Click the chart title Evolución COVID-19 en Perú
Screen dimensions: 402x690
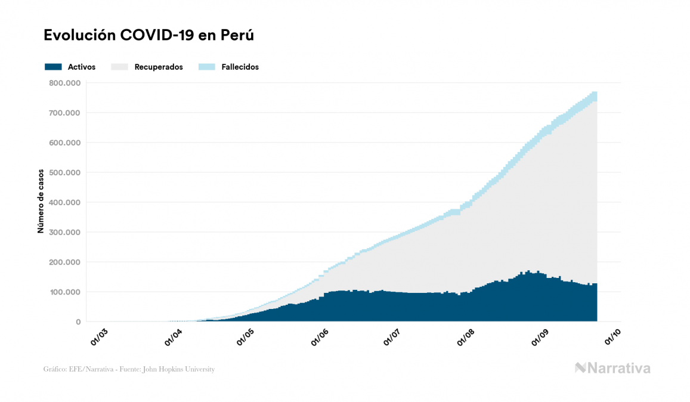pyautogui.click(x=149, y=35)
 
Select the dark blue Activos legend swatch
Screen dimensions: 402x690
pyautogui.click(x=53, y=67)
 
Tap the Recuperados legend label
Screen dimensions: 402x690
pyautogui.click(x=159, y=67)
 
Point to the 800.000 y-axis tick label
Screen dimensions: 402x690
pyautogui.click(x=66, y=83)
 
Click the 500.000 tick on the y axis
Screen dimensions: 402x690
pyautogui.click(x=66, y=172)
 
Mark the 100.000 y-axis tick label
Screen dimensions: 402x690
pyautogui.click(x=66, y=292)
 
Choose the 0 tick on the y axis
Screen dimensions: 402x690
pyautogui.click(x=78, y=321)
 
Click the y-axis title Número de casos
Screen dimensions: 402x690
pyautogui.click(x=41, y=202)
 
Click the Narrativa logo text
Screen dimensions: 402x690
pyautogui.click(x=620, y=368)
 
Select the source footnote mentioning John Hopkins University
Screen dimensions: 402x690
pyautogui.click(x=129, y=369)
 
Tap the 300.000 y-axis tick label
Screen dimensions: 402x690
pyautogui.click(x=66, y=232)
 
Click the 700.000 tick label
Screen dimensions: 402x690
pyautogui.click(x=66, y=113)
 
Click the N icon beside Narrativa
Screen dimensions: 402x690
pyautogui.click(x=580, y=368)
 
